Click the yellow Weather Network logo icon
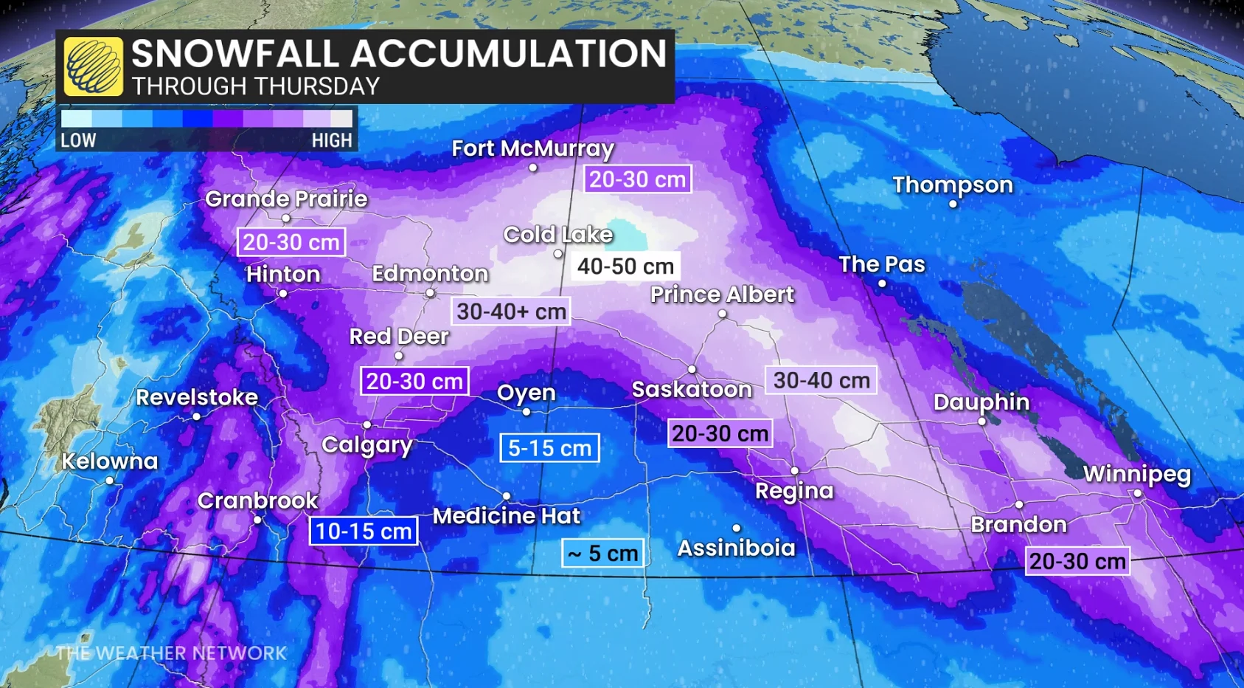pos(93,67)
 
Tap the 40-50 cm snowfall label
pos(625,266)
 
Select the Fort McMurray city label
pos(532,148)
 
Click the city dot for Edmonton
pos(430,293)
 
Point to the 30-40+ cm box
pos(511,312)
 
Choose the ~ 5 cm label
pos(602,553)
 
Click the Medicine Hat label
pos(506,515)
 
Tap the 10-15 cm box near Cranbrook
pos(364,531)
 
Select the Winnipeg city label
pos(1136,474)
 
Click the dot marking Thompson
pos(953,204)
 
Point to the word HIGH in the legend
pos(331,140)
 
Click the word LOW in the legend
pos(78,140)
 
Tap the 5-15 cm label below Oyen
pos(549,448)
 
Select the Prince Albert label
pos(722,295)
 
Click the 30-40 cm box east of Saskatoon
pos(821,380)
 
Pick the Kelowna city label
pos(110,461)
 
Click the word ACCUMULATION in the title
pos(508,54)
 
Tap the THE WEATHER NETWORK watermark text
pos(171,653)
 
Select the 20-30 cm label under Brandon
pos(1077,561)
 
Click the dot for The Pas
pos(882,283)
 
